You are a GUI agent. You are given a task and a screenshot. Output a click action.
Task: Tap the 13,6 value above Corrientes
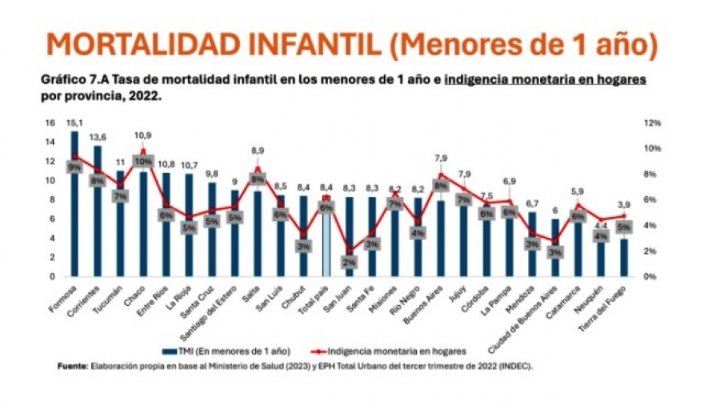point(98,136)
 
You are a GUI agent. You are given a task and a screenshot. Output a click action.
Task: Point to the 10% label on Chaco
point(144,161)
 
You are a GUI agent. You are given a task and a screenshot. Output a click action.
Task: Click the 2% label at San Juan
point(350,261)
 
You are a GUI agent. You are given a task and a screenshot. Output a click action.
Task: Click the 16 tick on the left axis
point(50,123)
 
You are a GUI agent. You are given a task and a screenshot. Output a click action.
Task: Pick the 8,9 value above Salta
point(258,151)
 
